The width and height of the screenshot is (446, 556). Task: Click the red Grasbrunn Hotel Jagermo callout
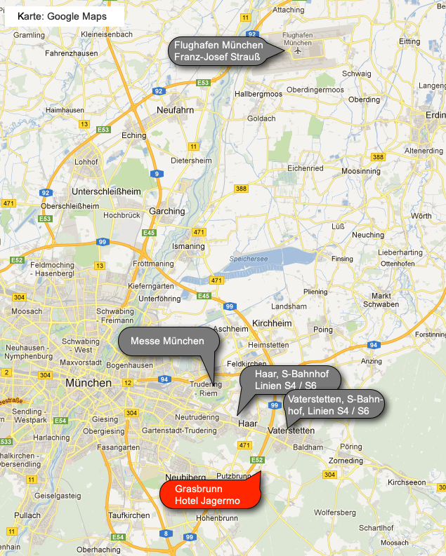(209, 494)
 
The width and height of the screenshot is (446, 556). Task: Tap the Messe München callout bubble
(167, 341)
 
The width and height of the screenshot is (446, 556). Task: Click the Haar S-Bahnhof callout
(289, 381)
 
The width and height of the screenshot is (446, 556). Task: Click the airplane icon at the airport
(299, 50)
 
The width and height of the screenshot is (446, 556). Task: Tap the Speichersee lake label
(248, 259)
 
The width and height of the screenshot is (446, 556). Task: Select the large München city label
(88, 384)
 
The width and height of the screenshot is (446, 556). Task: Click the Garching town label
(166, 210)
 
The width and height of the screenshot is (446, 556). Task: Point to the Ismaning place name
(188, 247)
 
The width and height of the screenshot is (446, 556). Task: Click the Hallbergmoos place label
(258, 93)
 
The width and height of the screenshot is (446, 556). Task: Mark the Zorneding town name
(346, 461)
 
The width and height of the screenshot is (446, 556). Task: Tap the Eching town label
(134, 135)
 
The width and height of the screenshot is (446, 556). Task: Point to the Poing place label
(323, 330)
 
